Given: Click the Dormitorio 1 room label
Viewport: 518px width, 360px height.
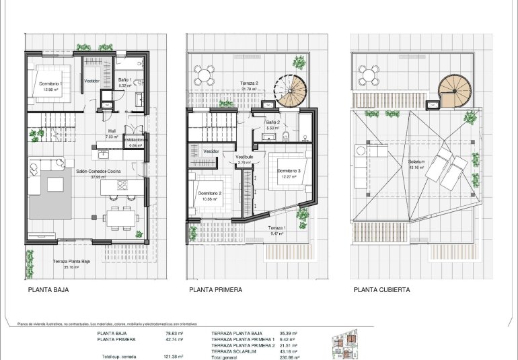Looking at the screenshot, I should tap(50, 83).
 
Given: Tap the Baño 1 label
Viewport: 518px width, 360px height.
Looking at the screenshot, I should tap(126, 80).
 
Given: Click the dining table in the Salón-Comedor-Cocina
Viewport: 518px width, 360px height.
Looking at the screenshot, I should tap(121, 217).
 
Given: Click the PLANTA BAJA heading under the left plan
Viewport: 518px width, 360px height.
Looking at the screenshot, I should tap(48, 290).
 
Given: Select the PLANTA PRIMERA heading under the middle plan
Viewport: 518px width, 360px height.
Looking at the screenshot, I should tap(215, 290).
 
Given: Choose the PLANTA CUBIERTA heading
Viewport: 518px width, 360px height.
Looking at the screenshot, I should tap(381, 290).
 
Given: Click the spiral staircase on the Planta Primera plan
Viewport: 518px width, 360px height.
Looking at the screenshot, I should tap(291, 92).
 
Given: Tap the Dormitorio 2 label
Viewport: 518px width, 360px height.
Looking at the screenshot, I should tap(212, 194).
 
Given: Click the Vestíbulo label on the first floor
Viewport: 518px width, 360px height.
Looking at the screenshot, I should tap(244, 157).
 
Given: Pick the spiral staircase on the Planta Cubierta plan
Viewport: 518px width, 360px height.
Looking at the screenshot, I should tap(455, 90).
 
